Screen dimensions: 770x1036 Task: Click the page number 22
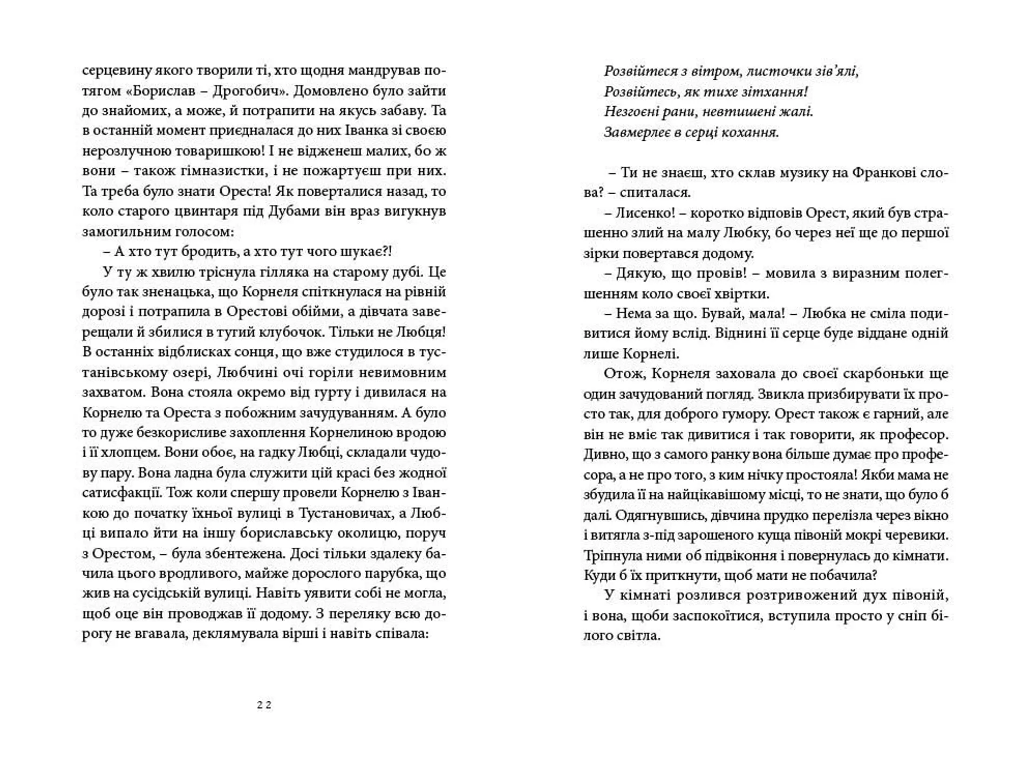(264, 705)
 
